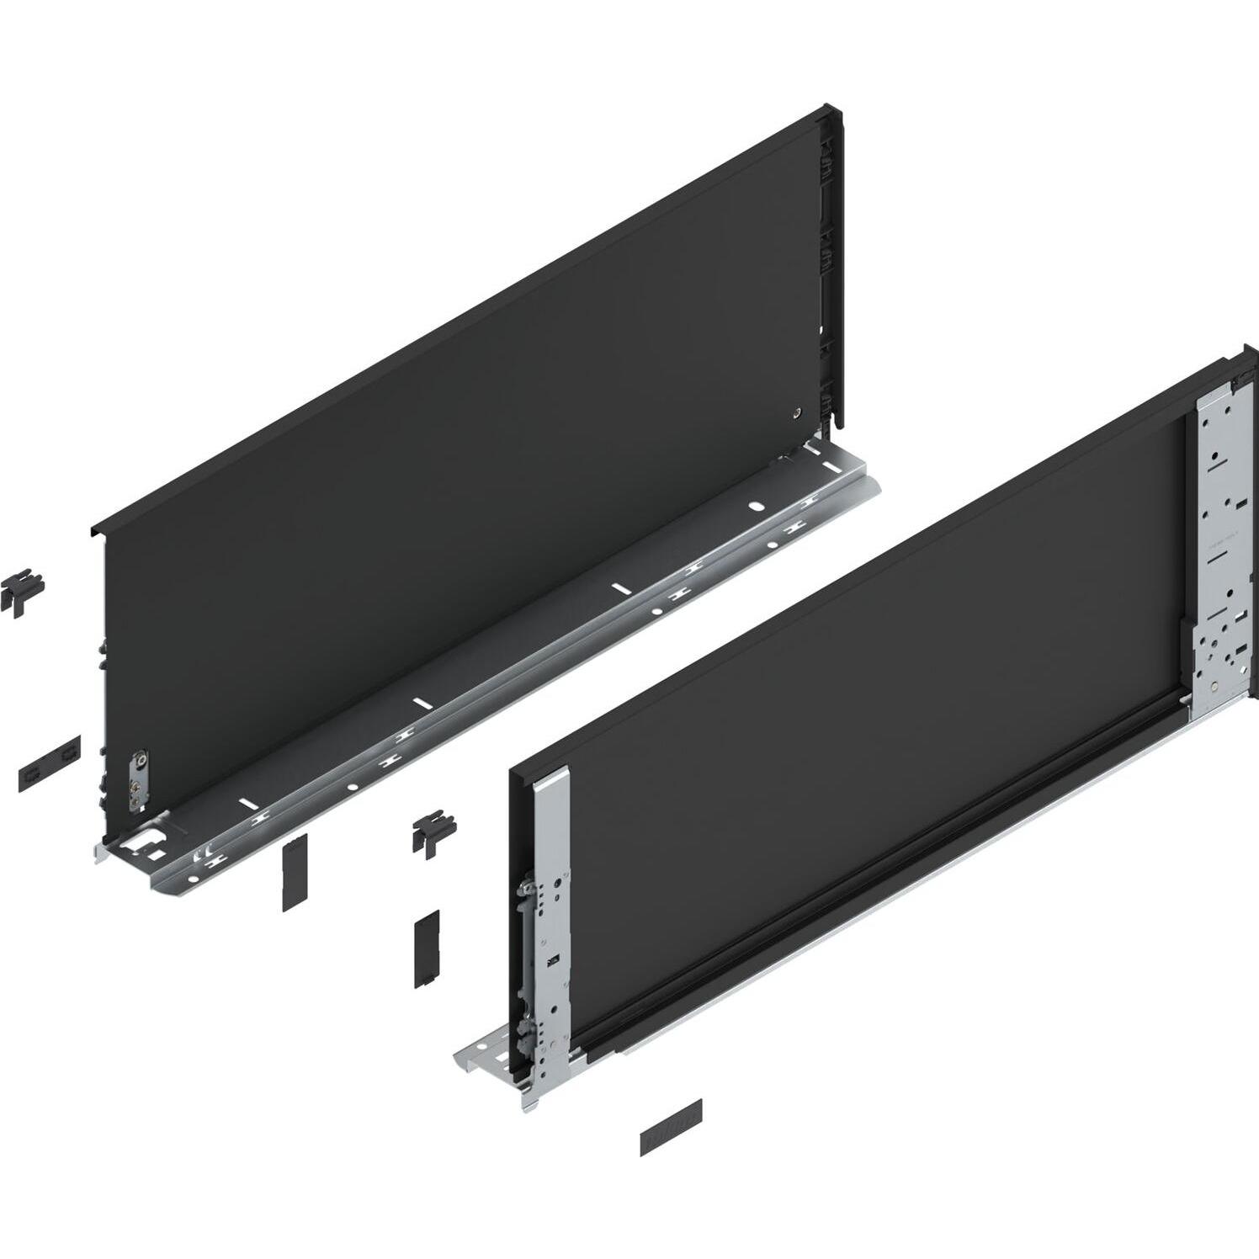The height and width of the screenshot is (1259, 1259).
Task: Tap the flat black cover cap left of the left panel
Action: tap(50, 762)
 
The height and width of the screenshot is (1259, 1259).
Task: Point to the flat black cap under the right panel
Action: tap(671, 1127)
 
